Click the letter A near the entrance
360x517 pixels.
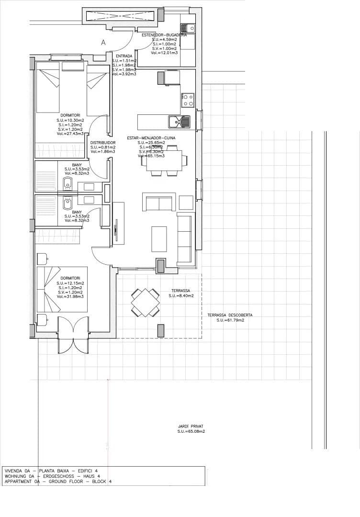point(103,43)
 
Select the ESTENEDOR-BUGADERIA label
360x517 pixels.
point(164,35)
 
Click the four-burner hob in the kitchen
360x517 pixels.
point(188,100)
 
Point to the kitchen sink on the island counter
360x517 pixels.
point(179,122)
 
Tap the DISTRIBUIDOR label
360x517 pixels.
point(103,142)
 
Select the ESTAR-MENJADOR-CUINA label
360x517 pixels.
point(151,138)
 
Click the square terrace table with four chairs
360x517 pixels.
point(146,302)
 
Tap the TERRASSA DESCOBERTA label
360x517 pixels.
point(230,315)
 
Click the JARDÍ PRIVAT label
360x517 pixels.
point(191,426)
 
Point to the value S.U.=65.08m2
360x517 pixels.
point(191,431)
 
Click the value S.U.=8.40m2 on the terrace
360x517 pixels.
point(180,296)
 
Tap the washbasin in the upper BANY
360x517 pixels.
point(67,182)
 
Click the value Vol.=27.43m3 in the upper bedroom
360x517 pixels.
point(70,134)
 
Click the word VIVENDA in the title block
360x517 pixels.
point(13,471)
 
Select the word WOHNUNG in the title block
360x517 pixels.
point(14,476)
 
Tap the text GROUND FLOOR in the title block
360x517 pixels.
point(64,482)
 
